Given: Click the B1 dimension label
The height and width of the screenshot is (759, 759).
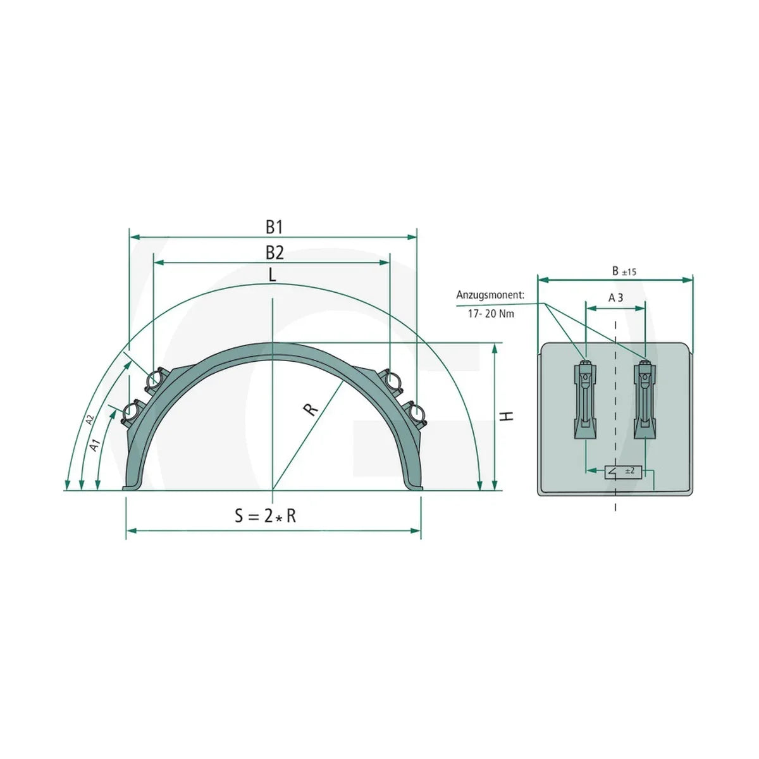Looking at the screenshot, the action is click(x=274, y=227).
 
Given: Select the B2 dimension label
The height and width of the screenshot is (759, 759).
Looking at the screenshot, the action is click(x=275, y=253).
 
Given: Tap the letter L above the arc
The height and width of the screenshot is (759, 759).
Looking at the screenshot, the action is click(x=272, y=275).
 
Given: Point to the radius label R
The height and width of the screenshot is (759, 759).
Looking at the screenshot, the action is click(x=311, y=409).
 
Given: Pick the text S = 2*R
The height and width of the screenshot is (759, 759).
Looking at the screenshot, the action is click(x=266, y=515).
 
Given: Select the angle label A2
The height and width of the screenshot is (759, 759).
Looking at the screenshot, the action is click(x=90, y=420).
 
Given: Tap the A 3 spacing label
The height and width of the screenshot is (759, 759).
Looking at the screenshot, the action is click(x=615, y=298).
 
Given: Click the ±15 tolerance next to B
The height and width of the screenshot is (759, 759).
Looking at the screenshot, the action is click(x=629, y=272).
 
